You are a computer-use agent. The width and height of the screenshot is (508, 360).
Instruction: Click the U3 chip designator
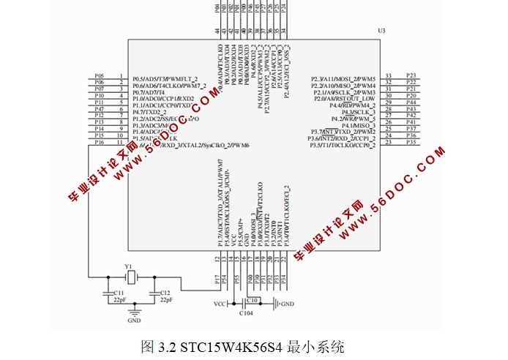[x=381, y=31]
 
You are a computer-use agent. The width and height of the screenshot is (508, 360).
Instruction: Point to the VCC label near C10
[x=220, y=303]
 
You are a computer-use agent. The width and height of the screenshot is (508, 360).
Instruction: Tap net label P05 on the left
[x=100, y=76]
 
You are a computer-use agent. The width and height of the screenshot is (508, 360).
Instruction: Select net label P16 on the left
[x=100, y=143]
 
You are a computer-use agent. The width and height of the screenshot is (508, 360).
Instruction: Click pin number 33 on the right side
[x=389, y=76]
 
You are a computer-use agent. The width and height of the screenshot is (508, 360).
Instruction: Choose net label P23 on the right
[x=411, y=76]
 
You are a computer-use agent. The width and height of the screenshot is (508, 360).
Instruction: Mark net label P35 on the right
[x=411, y=143]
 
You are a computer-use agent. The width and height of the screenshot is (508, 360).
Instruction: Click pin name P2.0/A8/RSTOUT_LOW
[x=343, y=99]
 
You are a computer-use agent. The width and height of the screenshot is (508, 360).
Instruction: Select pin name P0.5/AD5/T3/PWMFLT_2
[x=165, y=79]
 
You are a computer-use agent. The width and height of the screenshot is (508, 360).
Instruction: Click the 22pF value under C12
[x=165, y=300]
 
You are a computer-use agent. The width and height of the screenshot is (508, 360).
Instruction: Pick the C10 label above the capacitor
[x=252, y=299]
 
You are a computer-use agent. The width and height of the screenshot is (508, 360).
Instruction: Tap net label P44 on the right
[x=411, y=102]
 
